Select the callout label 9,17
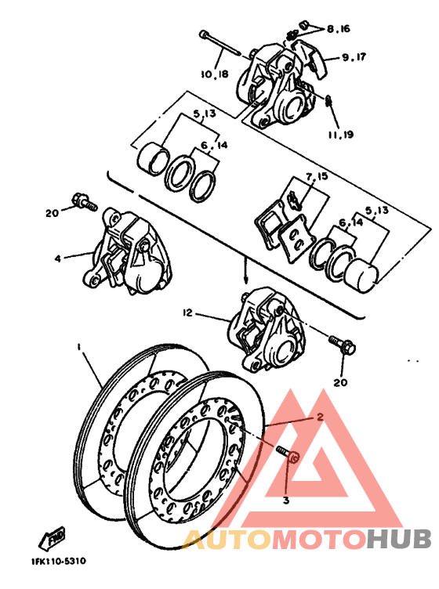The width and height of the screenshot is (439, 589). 353,57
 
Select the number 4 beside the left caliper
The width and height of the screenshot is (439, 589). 57,256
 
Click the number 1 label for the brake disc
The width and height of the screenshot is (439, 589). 79,345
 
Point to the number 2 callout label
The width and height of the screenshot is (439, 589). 320,419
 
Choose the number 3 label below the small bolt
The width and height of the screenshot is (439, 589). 286,500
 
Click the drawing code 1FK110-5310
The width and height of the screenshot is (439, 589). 59,562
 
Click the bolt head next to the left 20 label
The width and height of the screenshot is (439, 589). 81,202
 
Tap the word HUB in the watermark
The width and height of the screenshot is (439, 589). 399,540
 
